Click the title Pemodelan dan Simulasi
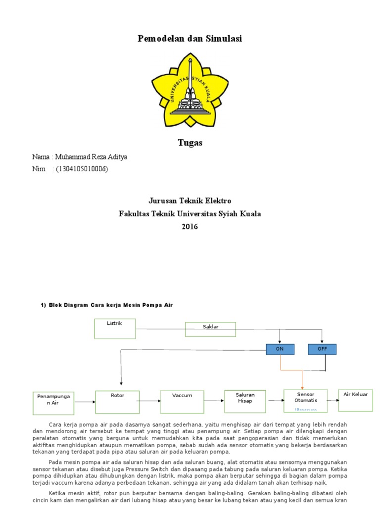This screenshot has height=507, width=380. (190, 39)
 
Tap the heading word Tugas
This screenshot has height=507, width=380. (190, 143)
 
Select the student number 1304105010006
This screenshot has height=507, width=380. (82, 169)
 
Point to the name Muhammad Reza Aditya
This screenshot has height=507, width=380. (91, 157)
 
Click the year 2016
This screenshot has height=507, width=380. (190, 227)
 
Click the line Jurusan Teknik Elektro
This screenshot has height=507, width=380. (190, 201)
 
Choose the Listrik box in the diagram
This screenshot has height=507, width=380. (115, 329)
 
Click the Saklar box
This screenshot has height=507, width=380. (210, 329)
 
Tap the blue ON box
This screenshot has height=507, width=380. (280, 349)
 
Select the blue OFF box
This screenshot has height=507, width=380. (322, 349)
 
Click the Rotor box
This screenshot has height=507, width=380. (117, 402)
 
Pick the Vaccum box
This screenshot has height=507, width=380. (182, 402)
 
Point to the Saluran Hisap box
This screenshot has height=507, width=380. (245, 401)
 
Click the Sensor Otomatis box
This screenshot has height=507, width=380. (306, 400)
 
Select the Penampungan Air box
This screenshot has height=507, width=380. (53, 403)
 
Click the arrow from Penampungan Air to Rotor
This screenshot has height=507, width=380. (85, 402)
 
